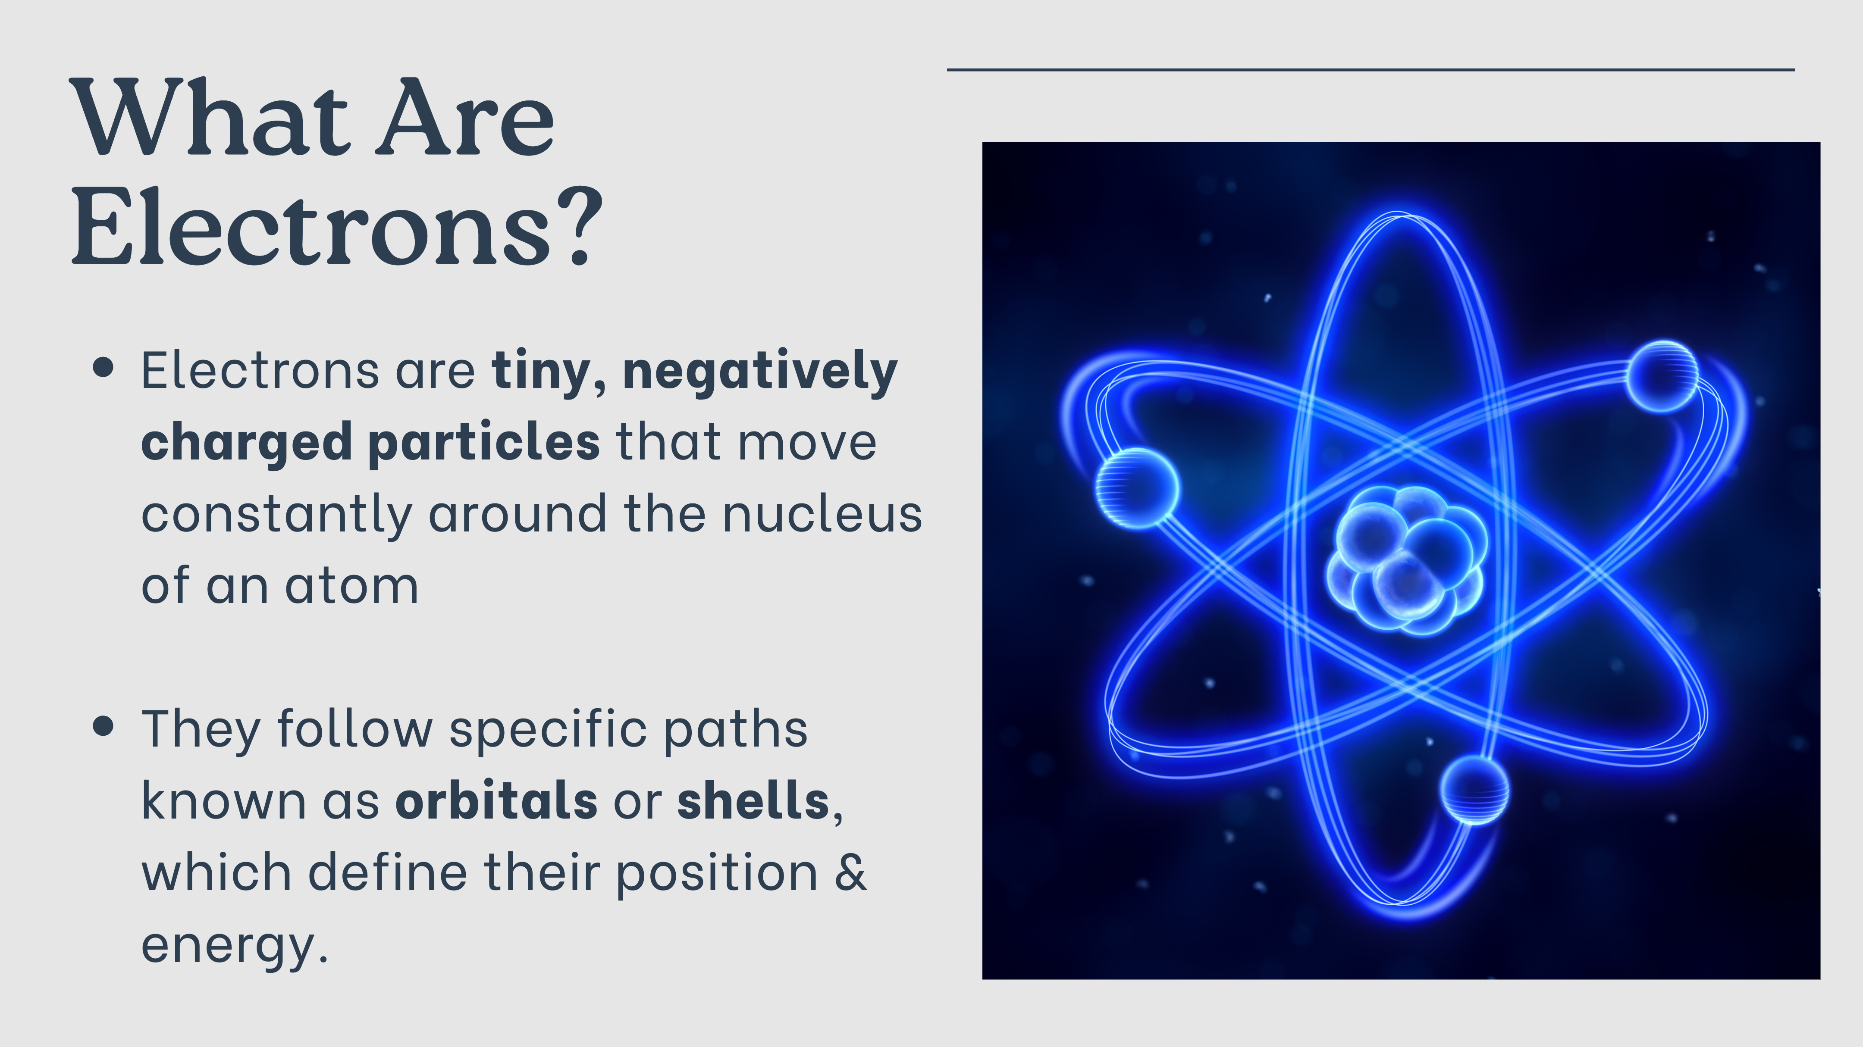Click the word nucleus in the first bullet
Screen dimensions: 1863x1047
(x=822, y=514)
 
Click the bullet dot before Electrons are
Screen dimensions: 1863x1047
(x=103, y=367)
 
